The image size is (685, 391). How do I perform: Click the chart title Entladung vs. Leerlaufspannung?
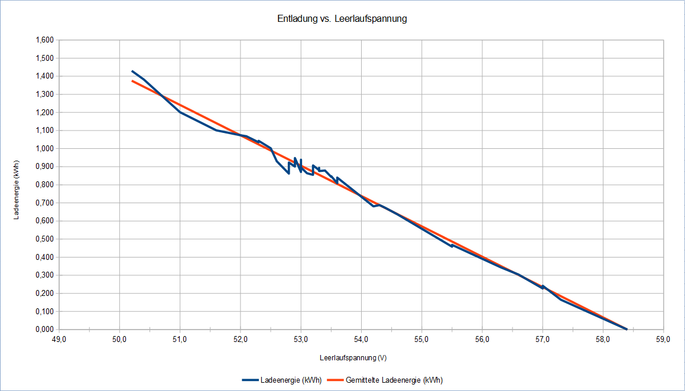click(x=342, y=19)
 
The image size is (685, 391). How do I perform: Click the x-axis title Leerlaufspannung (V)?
click(x=353, y=358)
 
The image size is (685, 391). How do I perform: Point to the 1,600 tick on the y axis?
click(x=44, y=40)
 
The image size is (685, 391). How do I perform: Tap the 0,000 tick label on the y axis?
click(x=44, y=330)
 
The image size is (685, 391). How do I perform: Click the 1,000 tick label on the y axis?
click(x=44, y=149)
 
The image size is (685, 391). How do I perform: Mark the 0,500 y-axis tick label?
click(x=44, y=239)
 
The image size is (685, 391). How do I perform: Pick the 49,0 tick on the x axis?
click(x=59, y=340)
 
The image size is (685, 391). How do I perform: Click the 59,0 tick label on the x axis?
click(x=663, y=340)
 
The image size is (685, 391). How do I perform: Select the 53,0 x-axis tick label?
click(x=301, y=340)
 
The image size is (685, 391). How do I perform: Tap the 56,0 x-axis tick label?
click(x=482, y=340)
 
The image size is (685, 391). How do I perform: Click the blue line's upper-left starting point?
click(x=132, y=71)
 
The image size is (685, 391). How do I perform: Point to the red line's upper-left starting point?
click(x=132, y=81)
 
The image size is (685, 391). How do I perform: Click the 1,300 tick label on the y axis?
click(x=44, y=95)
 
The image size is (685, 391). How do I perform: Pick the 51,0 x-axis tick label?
click(x=180, y=340)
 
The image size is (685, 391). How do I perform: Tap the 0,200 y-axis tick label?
click(x=44, y=294)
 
